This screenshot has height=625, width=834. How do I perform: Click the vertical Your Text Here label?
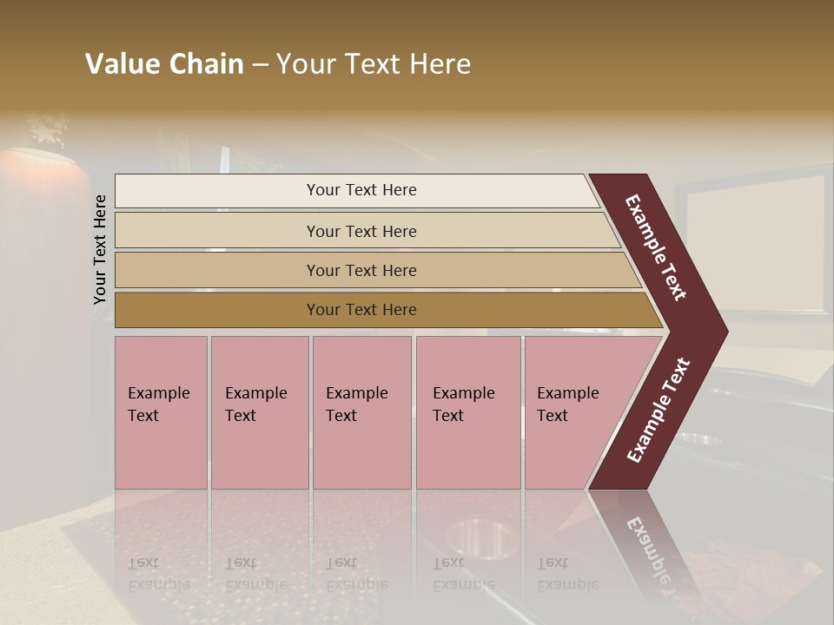pyautogui.click(x=100, y=249)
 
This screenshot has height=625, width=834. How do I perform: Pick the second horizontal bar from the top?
pyautogui.click(x=361, y=231)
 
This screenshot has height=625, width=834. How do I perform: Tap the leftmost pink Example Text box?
pyautogui.click(x=161, y=412)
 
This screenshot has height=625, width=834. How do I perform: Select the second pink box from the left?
pyautogui.click(x=260, y=412)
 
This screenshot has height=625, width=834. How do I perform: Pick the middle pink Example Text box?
pyautogui.click(x=361, y=412)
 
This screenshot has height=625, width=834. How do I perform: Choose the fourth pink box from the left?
pyautogui.click(x=468, y=412)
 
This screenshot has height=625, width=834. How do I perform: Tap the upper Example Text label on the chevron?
pyautogui.click(x=656, y=247)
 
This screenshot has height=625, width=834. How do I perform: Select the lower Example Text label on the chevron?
pyautogui.click(x=659, y=411)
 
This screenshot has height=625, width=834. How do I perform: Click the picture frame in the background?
pyautogui.click(x=756, y=243)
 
